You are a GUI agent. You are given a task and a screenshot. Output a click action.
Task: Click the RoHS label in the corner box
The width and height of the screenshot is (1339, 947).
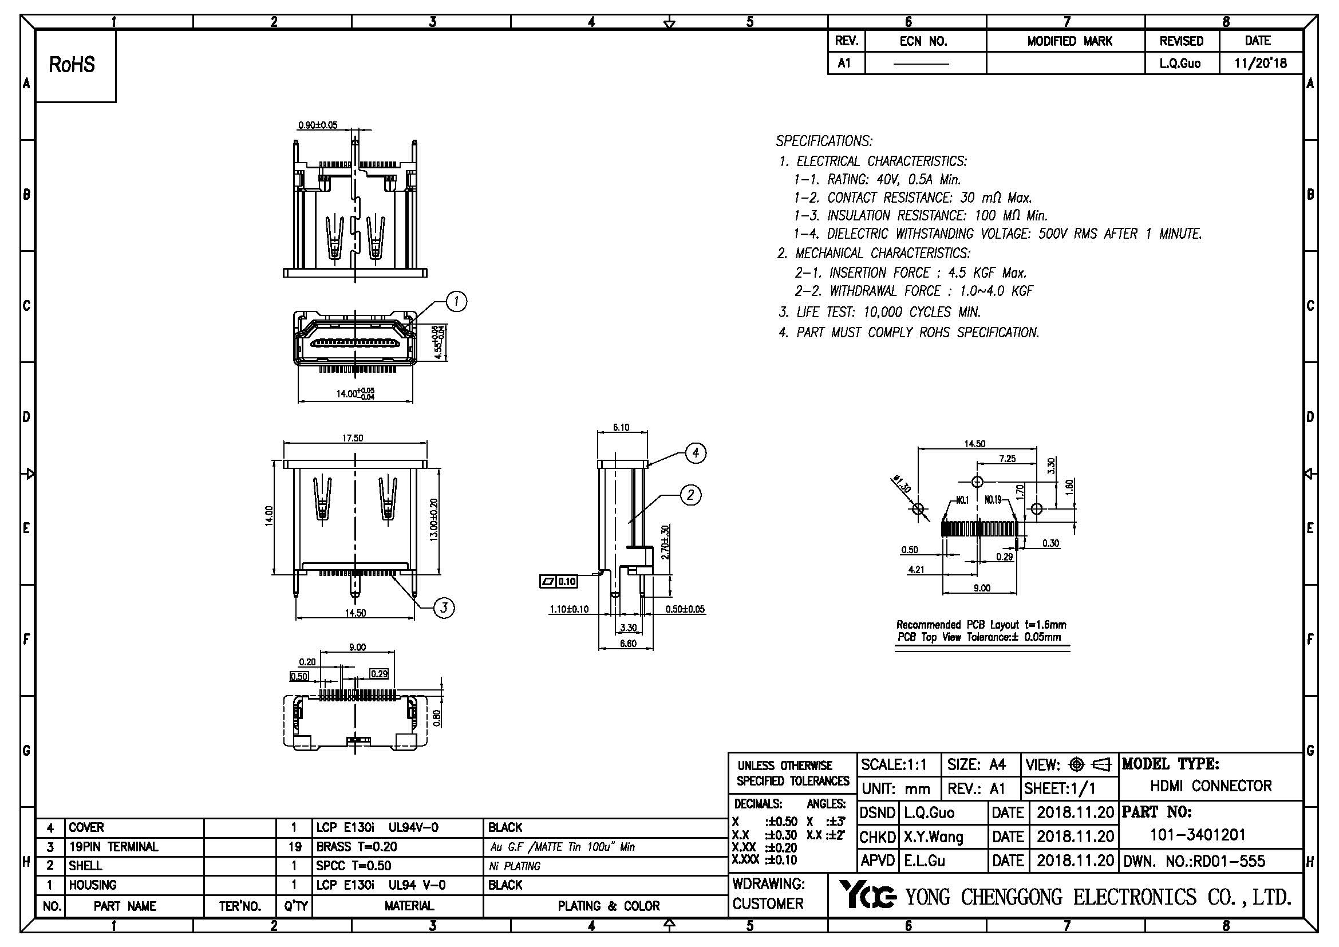pos(72,65)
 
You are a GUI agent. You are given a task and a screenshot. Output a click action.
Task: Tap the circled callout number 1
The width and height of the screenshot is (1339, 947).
pos(456,302)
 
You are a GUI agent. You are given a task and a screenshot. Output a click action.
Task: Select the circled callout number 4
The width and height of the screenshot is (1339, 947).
pos(696,452)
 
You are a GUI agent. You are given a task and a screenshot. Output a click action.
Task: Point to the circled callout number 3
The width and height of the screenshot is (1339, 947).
pos(444,607)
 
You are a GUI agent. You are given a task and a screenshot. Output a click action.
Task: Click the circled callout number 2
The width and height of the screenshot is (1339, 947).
pos(691,495)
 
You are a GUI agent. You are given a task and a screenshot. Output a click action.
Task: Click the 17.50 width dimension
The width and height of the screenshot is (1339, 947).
pos(353,438)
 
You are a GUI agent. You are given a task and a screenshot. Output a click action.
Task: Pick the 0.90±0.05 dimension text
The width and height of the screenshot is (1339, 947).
pos(318,125)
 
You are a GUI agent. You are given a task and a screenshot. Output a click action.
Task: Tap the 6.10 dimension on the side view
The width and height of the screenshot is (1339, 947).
pos(621,428)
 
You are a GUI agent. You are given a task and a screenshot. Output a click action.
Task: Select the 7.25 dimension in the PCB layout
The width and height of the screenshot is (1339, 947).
pos(1007,459)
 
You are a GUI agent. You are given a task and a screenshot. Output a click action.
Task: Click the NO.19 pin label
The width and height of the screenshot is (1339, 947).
pos(993,499)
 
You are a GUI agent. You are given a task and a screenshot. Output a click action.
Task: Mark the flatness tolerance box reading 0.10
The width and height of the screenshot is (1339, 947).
pos(559,581)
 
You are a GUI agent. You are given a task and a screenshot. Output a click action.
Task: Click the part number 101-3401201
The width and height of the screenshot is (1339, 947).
pos(1197,835)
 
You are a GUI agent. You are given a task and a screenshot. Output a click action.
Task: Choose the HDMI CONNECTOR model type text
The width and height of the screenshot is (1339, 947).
pos(1211,786)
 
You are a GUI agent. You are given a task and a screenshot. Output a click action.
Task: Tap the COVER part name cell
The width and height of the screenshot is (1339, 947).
pos(86,827)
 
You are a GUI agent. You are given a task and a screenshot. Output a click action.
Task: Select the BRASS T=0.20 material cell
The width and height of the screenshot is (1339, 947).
pos(356,847)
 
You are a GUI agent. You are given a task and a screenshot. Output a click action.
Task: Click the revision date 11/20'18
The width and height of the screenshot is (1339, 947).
pos(1260,63)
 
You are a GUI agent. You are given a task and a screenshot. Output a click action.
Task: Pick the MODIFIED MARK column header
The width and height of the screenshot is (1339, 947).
pos(1069,41)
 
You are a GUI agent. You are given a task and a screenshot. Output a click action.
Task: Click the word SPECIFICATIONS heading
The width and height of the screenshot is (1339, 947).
pos(823,141)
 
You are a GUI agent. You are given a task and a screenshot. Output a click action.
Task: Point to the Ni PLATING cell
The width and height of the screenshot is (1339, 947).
pos(515,866)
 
